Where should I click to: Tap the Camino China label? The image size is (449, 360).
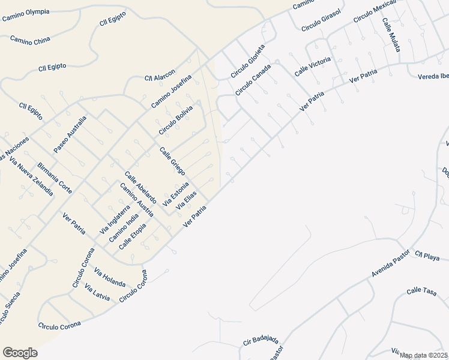30,40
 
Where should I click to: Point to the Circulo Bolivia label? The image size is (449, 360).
176,120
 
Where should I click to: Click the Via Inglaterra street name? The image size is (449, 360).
115,219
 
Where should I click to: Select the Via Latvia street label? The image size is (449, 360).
97,292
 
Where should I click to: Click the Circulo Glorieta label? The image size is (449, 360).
248,61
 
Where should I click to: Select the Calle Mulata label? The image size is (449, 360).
391,34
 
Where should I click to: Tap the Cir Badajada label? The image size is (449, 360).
262,340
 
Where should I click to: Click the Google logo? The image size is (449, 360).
20,352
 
